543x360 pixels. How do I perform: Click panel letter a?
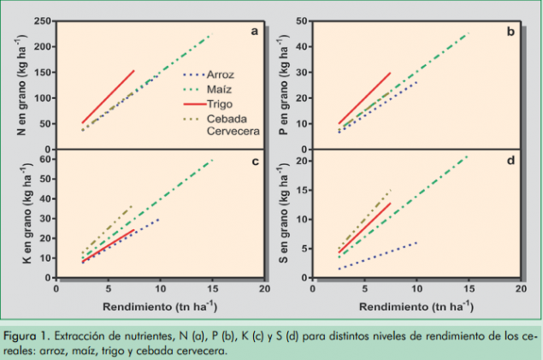coord(254,32)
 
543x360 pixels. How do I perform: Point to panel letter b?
coord(511,32)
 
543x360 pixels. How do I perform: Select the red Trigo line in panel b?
coord(365,97)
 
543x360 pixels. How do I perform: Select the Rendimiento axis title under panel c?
coord(161,305)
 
